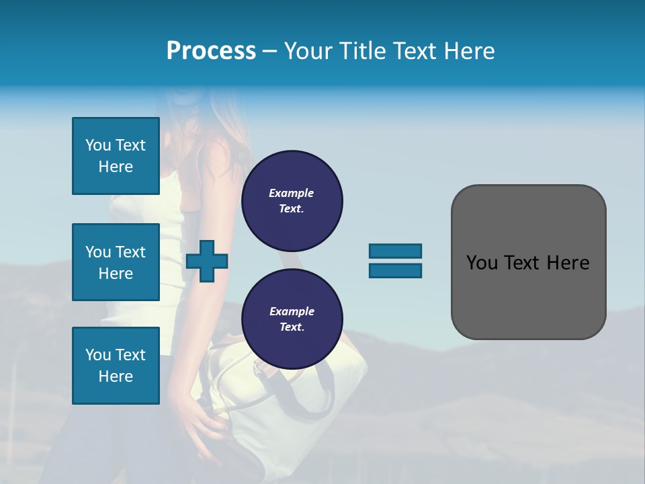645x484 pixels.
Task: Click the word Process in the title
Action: point(211,51)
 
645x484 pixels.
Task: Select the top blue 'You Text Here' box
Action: point(116,156)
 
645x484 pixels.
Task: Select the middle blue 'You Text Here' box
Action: point(116,262)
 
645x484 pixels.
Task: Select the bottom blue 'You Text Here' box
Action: point(116,366)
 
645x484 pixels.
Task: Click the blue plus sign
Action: point(207,261)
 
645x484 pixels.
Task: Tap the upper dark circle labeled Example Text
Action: point(292,200)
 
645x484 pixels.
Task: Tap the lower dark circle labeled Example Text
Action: point(292,319)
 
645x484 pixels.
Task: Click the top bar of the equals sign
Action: point(395,251)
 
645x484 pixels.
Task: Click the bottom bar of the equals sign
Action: point(395,270)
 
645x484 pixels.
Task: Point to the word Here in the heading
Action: point(470,51)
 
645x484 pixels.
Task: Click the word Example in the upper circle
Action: point(292,193)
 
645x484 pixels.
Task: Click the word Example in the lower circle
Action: point(292,311)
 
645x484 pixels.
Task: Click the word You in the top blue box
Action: point(98,145)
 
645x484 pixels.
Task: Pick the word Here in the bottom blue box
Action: point(116,376)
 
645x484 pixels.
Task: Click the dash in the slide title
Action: point(270,51)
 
